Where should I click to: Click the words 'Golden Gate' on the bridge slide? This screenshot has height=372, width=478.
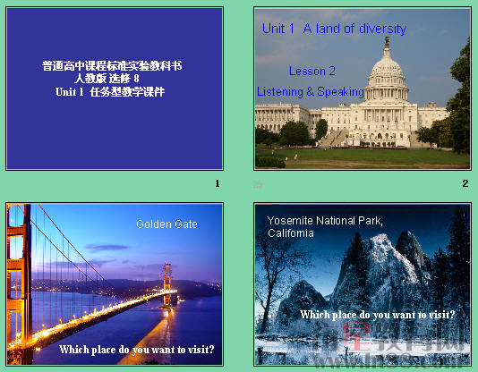click(166, 224)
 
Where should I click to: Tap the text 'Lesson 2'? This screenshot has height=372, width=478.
click(312, 72)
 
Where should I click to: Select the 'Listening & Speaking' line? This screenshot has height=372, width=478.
click(310, 91)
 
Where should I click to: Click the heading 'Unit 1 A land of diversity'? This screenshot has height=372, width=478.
click(334, 30)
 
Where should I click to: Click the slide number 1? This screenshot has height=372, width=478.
click(218, 184)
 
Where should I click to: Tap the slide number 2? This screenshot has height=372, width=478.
click(465, 183)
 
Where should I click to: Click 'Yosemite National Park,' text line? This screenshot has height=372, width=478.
click(325, 221)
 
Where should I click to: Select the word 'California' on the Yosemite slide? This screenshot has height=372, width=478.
click(291, 233)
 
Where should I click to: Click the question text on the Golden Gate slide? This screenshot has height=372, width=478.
click(137, 350)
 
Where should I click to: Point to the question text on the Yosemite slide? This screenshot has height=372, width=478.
click(378, 315)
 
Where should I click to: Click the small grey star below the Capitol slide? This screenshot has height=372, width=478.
click(259, 184)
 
